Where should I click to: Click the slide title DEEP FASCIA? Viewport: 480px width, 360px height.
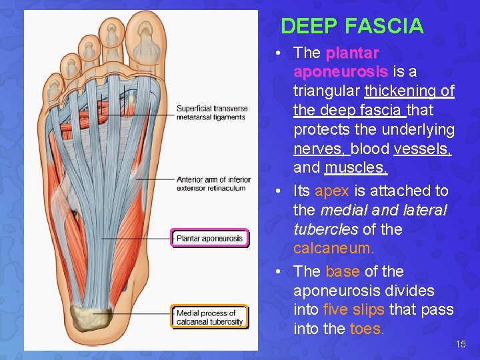[352, 26]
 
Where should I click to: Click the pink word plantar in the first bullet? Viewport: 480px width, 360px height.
[353, 53]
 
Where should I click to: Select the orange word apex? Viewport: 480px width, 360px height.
[331, 191]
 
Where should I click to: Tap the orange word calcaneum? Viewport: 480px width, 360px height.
[334, 249]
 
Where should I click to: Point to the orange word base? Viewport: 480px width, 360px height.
[342, 272]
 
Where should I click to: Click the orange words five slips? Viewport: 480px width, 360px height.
[353, 310]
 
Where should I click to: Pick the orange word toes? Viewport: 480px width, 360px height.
[367, 329]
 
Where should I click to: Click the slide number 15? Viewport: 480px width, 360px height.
[461, 344]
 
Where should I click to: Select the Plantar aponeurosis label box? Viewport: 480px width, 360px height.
[209, 238]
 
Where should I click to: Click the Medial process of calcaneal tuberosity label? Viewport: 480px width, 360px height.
[209, 317]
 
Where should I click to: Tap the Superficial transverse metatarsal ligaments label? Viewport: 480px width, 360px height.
[212, 113]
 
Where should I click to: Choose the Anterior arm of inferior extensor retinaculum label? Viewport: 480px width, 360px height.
[213, 183]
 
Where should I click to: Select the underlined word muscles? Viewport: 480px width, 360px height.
[356, 168]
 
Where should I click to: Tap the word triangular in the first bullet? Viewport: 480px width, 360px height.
[327, 91]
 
